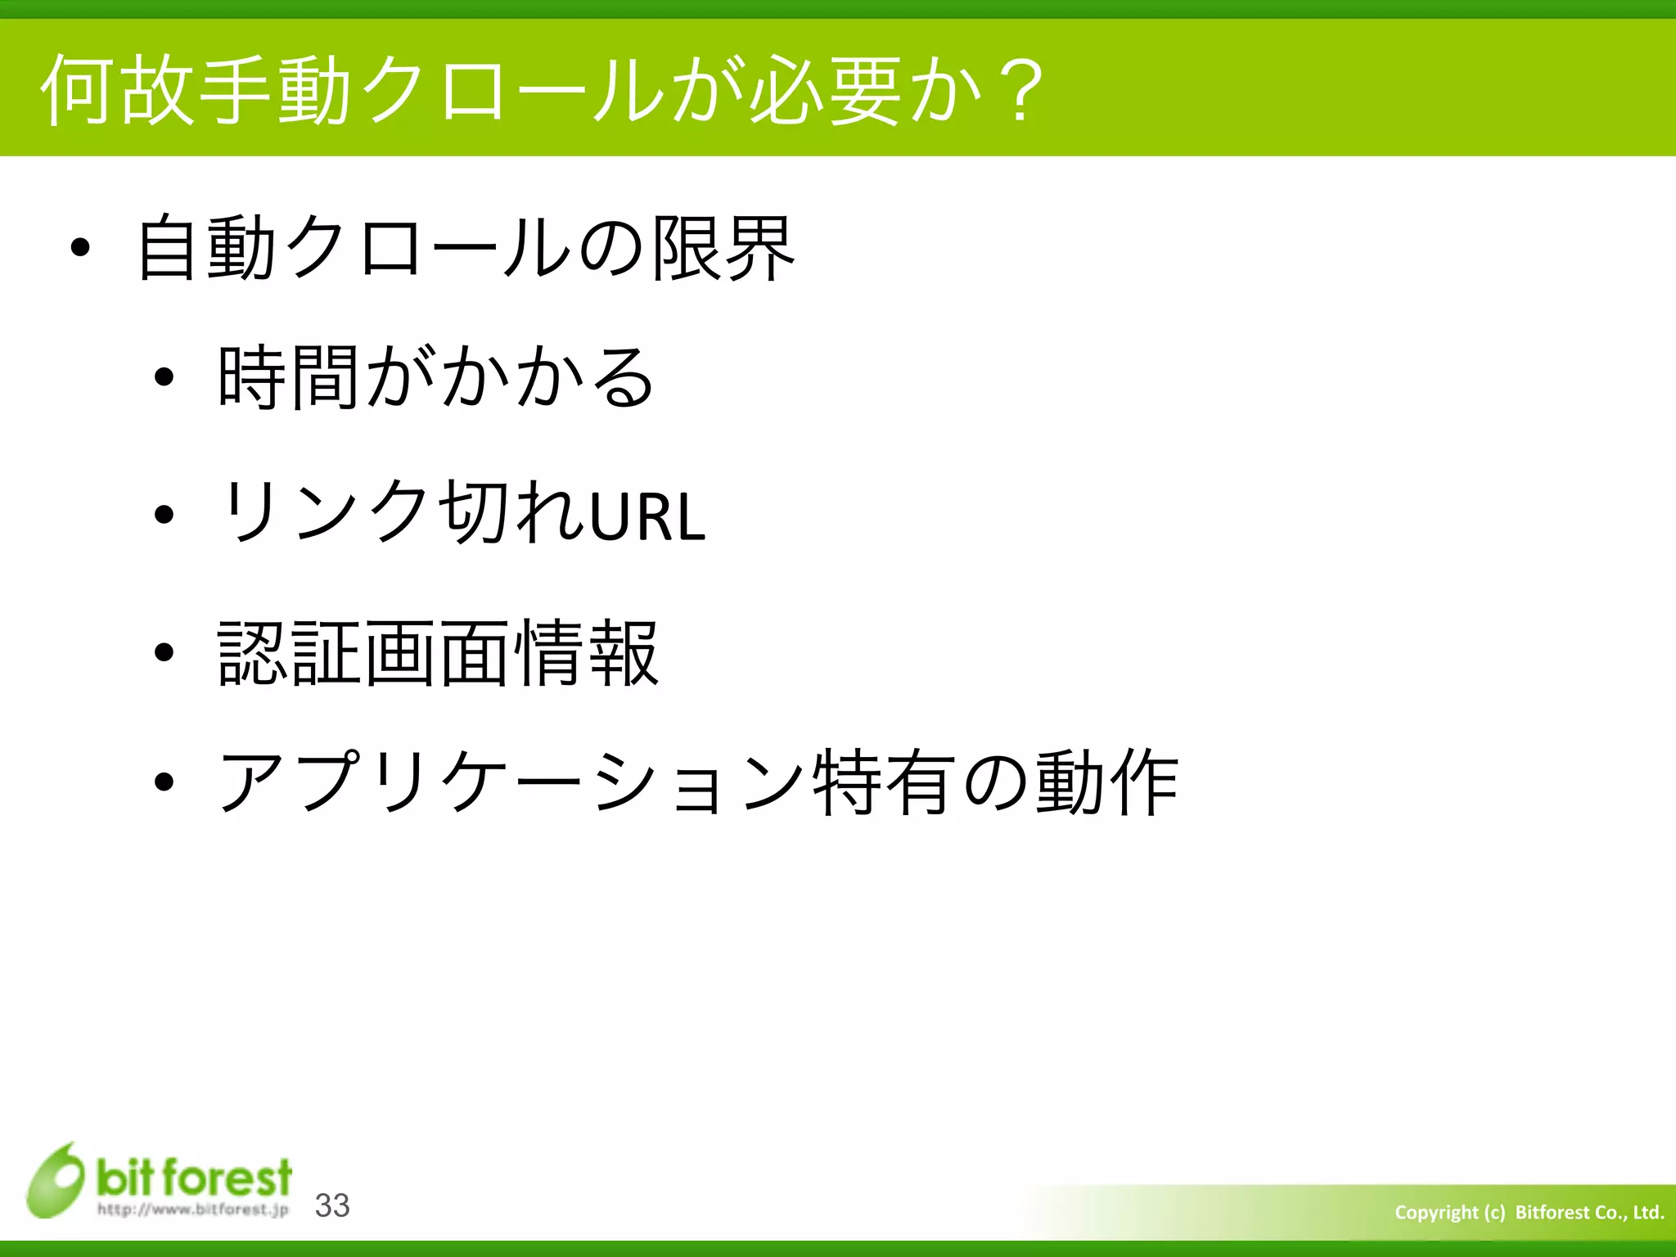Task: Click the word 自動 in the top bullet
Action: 205,248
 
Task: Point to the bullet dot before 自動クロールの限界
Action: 79,248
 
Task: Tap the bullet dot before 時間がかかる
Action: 164,377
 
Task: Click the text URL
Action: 647,516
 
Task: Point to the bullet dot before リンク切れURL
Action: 164,515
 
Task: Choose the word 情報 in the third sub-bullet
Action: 586,652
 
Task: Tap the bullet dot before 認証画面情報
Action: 164,652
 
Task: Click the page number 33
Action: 332,1205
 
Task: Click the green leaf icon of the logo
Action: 55,1181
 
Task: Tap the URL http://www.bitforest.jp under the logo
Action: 193,1210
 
